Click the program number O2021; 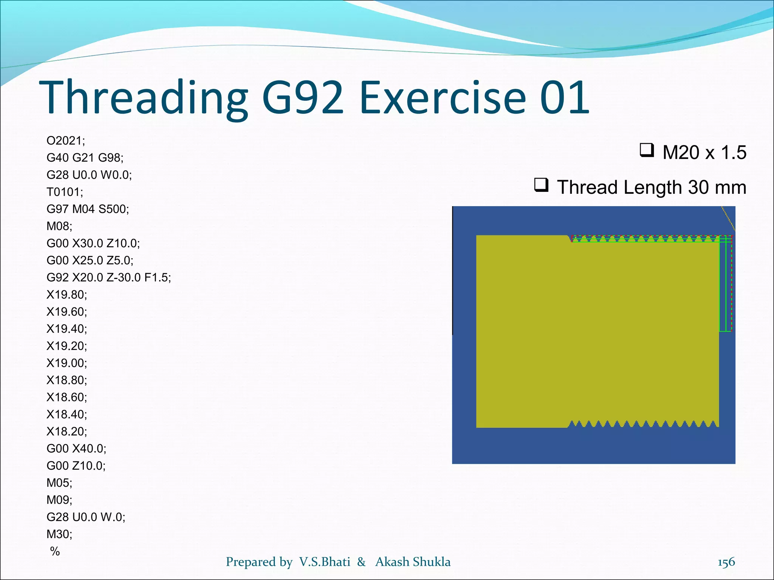(66, 141)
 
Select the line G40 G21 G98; (85, 158)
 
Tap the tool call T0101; (65, 192)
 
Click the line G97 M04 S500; (88, 209)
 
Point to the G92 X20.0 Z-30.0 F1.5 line (109, 278)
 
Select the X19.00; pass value (67, 363)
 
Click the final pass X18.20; (67, 432)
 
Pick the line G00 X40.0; (76, 449)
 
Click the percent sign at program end (55, 551)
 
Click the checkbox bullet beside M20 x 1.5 (647, 150)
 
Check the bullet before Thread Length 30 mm (541, 185)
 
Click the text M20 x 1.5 (704, 153)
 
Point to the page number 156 (726, 562)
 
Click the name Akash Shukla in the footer (413, 562)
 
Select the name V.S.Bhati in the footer (325, 562)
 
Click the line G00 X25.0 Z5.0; (90, 261)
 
